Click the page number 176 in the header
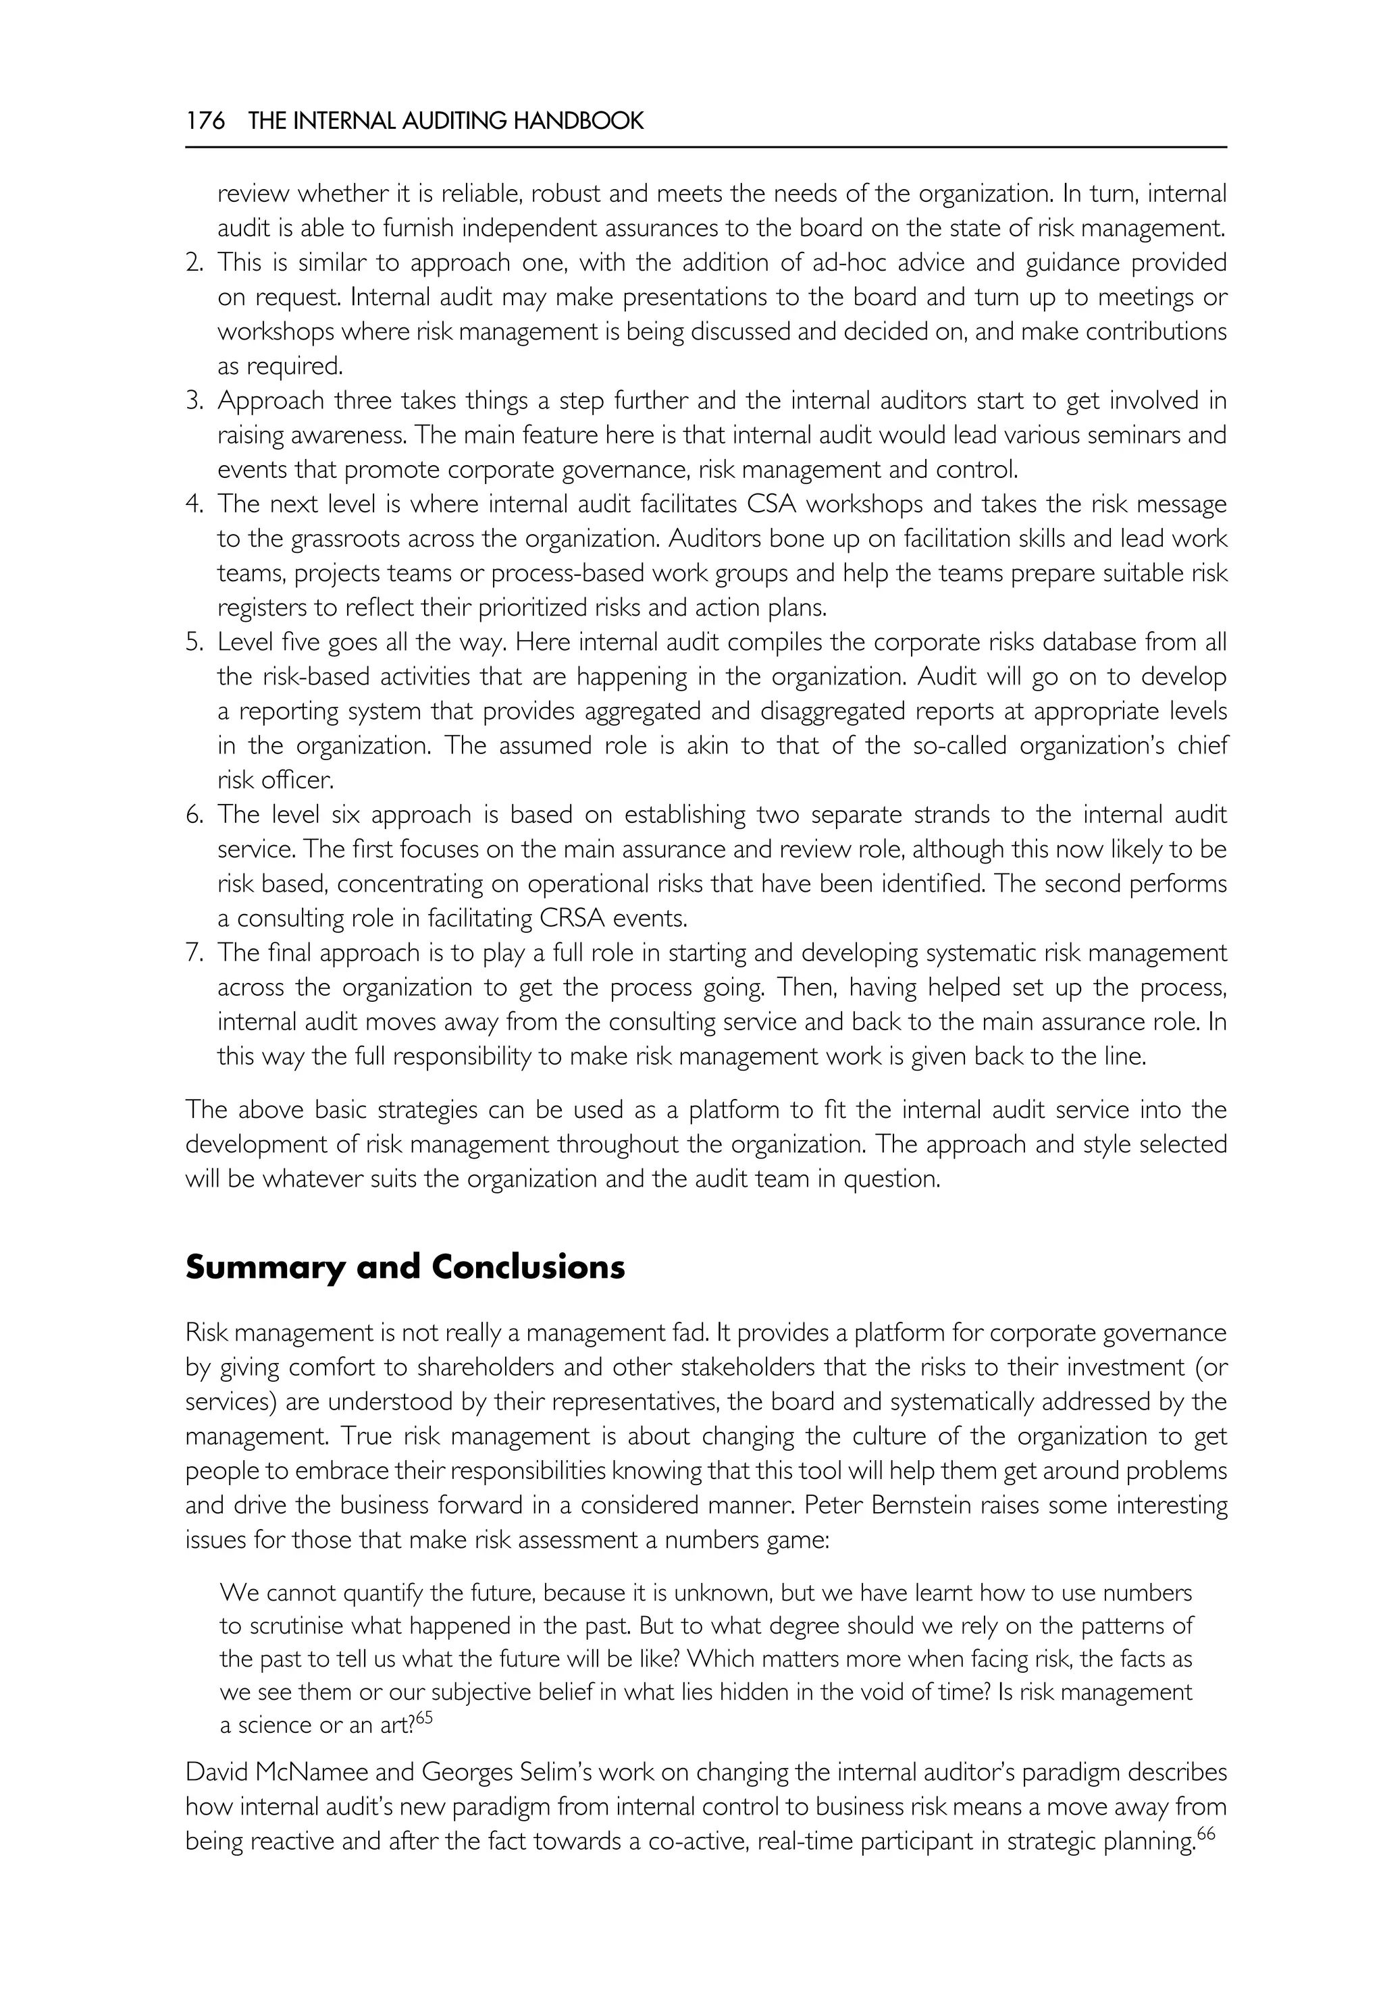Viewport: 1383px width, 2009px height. [x=205, y=120]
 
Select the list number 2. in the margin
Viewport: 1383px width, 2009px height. [x=194, y=263]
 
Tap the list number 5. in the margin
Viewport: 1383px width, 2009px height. [x=194, y=643]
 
